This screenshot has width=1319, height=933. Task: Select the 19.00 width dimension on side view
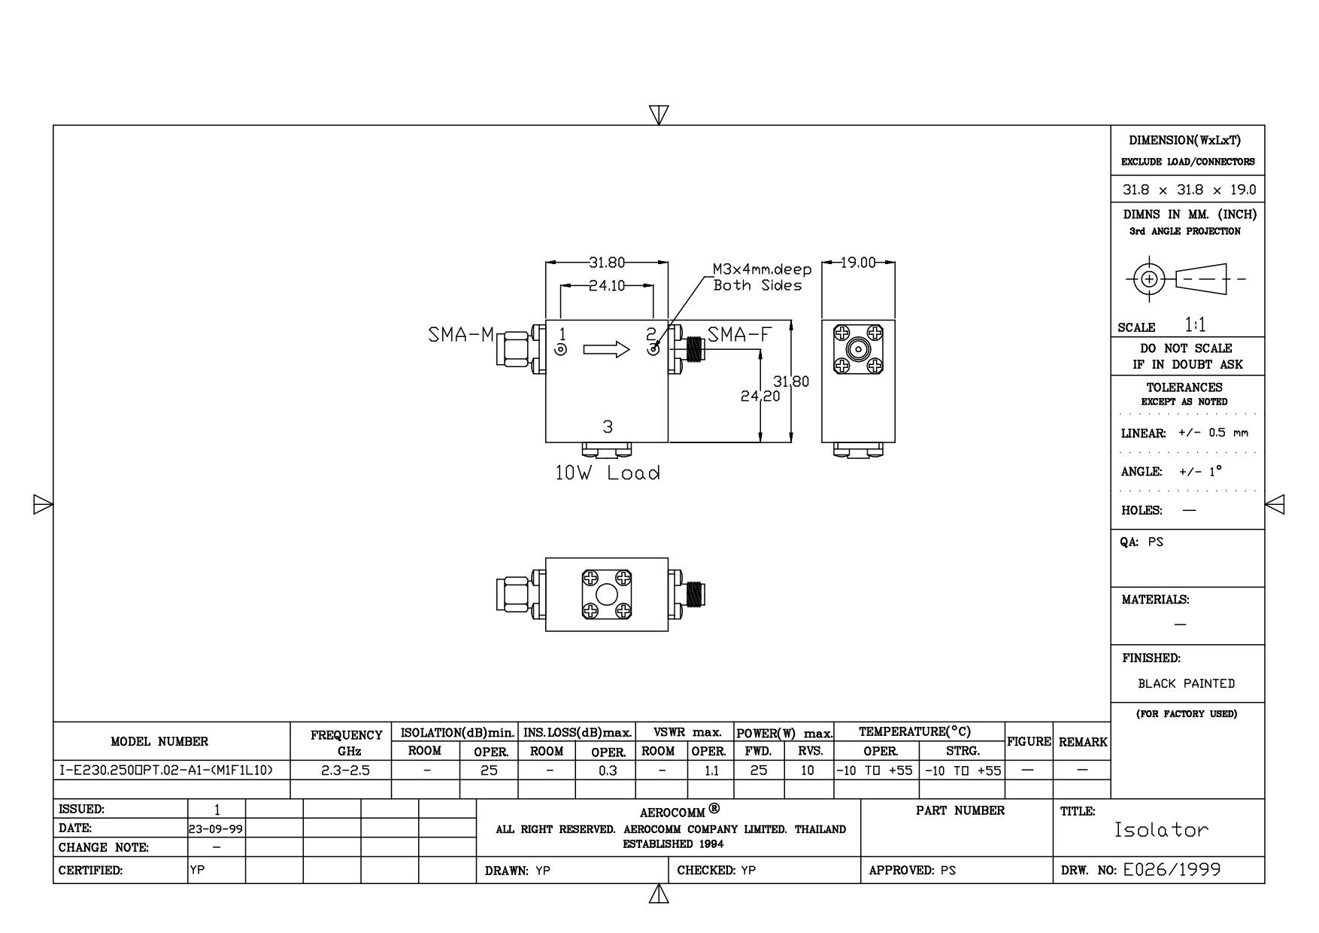pyautogui.click(x=858, y=263)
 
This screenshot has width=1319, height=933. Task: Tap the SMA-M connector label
pyautogui.click(x=461, y=335)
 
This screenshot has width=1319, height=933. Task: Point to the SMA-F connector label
pyautogui.click(x=740, y=335)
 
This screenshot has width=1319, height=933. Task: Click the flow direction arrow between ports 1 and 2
pyautogui.click(x=606, y=349)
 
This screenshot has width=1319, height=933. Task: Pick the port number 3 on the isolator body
pyautogui.click(x=608, y=427)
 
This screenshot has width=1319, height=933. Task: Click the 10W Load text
pyautogui.click(x=608, y=473)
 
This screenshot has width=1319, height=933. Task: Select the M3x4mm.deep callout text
pyautogui.click(x=763, y=270)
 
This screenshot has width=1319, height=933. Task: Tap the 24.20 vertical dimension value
pyautogui.click(x=760, y=396)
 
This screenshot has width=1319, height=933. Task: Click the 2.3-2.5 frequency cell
pyautogui.click(x=340, y=770)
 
